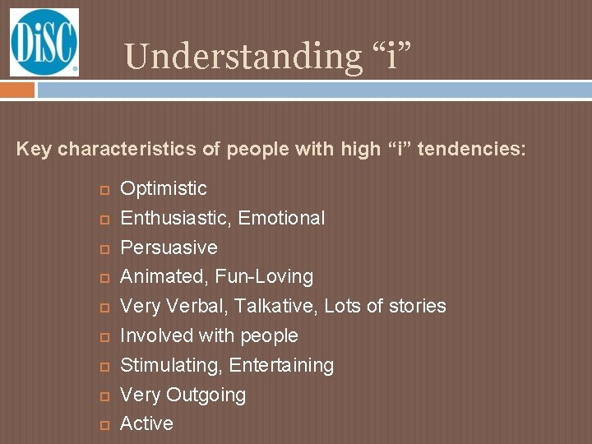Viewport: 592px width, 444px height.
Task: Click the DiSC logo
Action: [x=44, y=42]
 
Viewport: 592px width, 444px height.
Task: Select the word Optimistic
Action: [x=164, y=188]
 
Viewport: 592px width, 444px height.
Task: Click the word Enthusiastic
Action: [x=169, y=218]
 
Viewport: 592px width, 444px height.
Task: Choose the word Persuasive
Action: [x=169, y=247]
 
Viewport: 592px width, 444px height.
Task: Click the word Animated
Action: [x=161, y=276]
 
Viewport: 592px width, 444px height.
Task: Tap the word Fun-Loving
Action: [x=264, y=276]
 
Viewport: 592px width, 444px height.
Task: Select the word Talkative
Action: [x=275, y=306]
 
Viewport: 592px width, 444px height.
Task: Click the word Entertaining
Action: [x=282, y=365]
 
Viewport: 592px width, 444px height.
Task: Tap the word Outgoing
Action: [x=206, y=395]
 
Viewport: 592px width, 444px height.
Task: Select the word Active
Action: [x=146, y=423]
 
